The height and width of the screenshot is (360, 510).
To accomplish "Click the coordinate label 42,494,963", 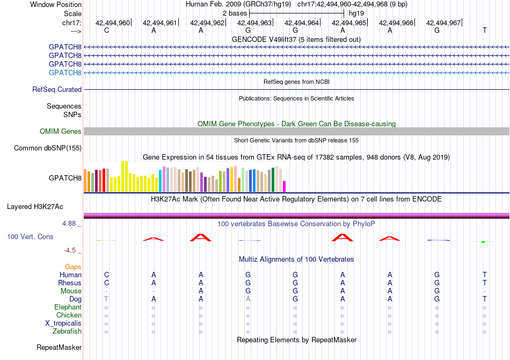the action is pyautogui.click(x=254, y=23).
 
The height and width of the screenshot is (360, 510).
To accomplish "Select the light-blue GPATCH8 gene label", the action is pyautogui.click(x=65, y=73).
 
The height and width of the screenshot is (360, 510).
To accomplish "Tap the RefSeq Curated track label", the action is pyautogui.click(x=57, y=89).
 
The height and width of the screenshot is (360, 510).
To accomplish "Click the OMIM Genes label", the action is pyautogui.click(x=61, y=131).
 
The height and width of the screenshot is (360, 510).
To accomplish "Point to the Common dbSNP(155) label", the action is pyautogui.click(x=48, y=148).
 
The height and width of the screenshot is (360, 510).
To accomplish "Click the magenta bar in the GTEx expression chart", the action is pyautogui.click(x=285, y=186).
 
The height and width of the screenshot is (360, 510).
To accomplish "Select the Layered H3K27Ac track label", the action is pyautogui.click(x=35, y=207).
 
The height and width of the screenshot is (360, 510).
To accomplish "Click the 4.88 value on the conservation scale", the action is pyautogui.click(x=69, y=224).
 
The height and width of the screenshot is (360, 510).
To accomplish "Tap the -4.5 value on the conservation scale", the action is pyautogui.click(x=70, y=250).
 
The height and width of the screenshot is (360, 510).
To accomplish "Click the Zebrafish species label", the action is pyautogui.click(x=67, y=331).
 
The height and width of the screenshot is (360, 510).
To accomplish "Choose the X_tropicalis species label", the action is pyautogui.click(x=63, y=323).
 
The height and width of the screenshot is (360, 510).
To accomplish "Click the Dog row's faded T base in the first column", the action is pyautogui.click(x=106, y=299).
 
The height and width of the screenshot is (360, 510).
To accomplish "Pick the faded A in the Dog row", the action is pyautogui.click(x=248, y=299).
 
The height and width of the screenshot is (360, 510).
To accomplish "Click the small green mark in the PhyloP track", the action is pyautogui.click(x=483, y=242).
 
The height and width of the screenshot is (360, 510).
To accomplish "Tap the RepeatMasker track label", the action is pyautogui.click(x=59, y=347).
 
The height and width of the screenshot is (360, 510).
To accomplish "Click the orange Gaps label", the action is pyautogui.click(x=73, y=267).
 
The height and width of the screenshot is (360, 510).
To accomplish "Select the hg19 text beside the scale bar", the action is pyautogui.click(x=356, y=13).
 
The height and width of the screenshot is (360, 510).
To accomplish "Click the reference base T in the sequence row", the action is pyautogui.click(x=485, y=30).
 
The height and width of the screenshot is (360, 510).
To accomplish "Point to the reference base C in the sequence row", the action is pyautogui.click(x=106, y=30).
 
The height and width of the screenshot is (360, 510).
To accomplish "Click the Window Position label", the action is pyautogui.click(x=56, y=4).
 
